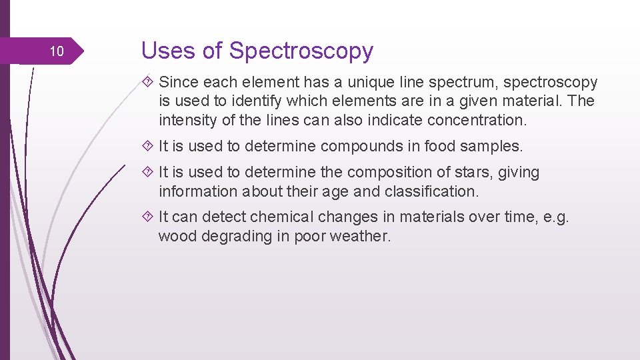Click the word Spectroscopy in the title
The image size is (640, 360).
point(301,51)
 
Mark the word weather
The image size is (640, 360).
point(363,236)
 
